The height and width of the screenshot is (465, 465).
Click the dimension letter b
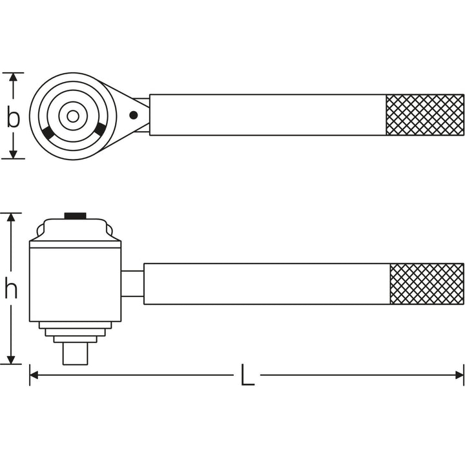point(13,117)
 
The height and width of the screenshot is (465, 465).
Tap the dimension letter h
point(11,290)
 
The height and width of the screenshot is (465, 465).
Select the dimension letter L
point(247,375)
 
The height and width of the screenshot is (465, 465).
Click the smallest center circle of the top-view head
point(73,116)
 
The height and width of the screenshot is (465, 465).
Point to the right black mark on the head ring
point(99,130)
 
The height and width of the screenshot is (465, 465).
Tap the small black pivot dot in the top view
point(133,116)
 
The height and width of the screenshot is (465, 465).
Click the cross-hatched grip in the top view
point(424,115)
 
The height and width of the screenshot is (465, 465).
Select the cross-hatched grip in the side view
point(426,284)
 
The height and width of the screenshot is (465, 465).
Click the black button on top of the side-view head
point(75,216)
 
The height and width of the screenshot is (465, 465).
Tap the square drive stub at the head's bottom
point(75,354)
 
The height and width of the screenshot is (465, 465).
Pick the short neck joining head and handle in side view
point(132,284)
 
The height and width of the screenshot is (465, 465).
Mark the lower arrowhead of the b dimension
point(13,154)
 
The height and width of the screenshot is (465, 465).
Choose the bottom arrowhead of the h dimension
point(11,360)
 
